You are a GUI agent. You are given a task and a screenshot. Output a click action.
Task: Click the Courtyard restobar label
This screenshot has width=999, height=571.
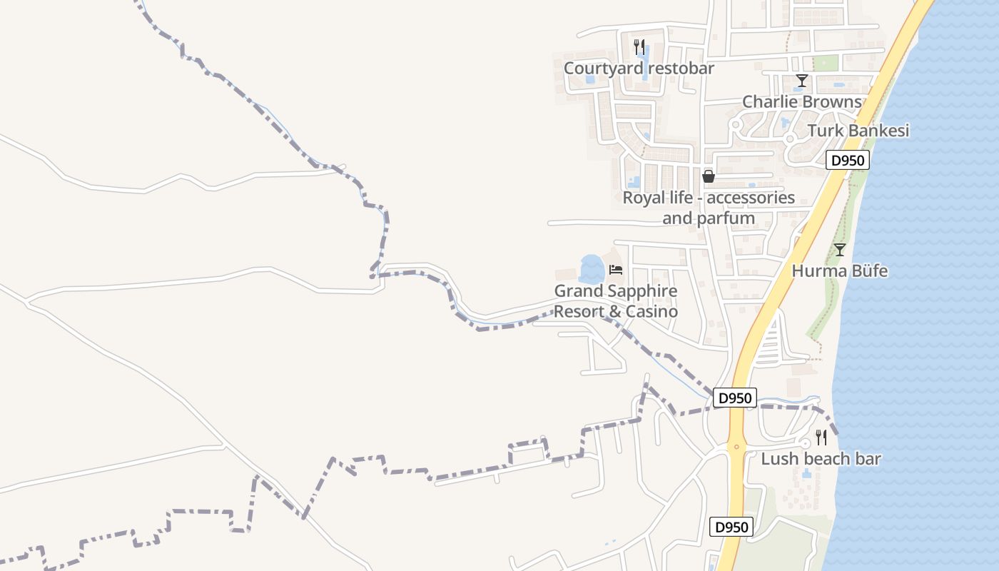639,68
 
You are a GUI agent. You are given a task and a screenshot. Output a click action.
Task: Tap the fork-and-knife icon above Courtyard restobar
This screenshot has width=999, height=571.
639,47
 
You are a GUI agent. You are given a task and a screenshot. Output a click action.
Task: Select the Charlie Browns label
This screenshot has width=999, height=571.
802,101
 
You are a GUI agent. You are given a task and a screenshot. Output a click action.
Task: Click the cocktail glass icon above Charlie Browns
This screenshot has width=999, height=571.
802,81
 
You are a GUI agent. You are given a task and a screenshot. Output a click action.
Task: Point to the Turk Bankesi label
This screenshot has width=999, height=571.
858,131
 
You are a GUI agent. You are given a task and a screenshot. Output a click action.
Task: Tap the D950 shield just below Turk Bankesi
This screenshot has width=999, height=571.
848,161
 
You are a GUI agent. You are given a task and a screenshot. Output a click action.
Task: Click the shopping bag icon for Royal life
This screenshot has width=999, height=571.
709,176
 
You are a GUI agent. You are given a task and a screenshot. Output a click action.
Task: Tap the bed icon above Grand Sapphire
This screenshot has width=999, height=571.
616,270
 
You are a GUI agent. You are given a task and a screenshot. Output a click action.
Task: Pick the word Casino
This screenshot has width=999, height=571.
651,312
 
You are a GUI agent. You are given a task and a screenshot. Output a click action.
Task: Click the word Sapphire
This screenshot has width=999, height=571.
639,291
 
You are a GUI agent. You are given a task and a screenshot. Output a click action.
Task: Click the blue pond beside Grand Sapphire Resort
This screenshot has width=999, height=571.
592,269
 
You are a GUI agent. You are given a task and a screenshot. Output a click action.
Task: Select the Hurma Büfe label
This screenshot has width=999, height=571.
840,271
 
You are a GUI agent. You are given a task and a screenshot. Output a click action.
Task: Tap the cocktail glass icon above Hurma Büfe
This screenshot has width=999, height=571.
840,250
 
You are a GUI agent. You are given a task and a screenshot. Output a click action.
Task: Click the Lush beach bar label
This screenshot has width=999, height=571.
821,459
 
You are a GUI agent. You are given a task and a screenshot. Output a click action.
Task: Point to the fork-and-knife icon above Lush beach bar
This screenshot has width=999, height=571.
821,437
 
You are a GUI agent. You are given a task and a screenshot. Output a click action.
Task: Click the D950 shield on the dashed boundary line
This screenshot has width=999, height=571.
734,398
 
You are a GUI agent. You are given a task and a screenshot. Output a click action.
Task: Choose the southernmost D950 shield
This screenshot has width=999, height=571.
732,527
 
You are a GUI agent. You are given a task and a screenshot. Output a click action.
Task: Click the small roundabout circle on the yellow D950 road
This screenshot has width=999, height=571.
736,447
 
